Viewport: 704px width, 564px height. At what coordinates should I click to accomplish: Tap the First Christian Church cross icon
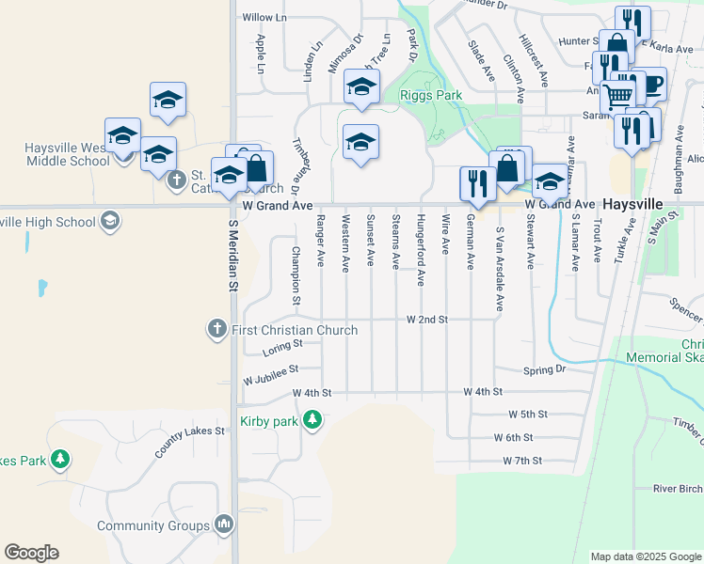pyautogui.click(x=217, y=330)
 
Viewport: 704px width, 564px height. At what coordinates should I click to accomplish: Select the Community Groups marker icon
pyautogui.click(x=224, y=525)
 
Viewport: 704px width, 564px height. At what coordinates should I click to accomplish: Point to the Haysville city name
pyautogui.click(x=634, y=203)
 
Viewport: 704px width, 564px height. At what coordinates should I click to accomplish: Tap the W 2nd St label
pyautogui.click(x=426, y=320)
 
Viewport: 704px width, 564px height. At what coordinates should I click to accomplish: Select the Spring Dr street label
pyautogui.click(x=546, y=369)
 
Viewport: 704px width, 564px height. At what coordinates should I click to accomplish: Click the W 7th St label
pyautogui.click(x=523, y=461)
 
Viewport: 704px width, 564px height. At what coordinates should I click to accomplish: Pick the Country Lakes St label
pyautogui.click(x=190, y=443)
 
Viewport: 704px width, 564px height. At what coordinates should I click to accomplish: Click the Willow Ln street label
pyautogui.click(x=264, y=18)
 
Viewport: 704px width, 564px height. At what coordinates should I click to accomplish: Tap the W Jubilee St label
pyautogui.click(x=270, y=375)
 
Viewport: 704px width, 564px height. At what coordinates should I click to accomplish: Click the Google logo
pyautogui.click(x=31, y=553)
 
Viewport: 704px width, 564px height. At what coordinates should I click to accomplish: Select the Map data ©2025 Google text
pyautogui.click(x=645, y=556)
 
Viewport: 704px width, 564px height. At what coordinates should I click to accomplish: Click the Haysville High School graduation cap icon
pyautogui.click(x=109, y=222)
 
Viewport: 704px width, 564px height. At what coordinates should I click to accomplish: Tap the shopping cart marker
pyautogui.click(x=617, y=95)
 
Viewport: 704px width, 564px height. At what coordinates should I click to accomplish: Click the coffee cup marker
pyautogui.click(x=648, y=84)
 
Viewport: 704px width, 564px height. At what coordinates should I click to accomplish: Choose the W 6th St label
pyautogui.click(x=514, y=438)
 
